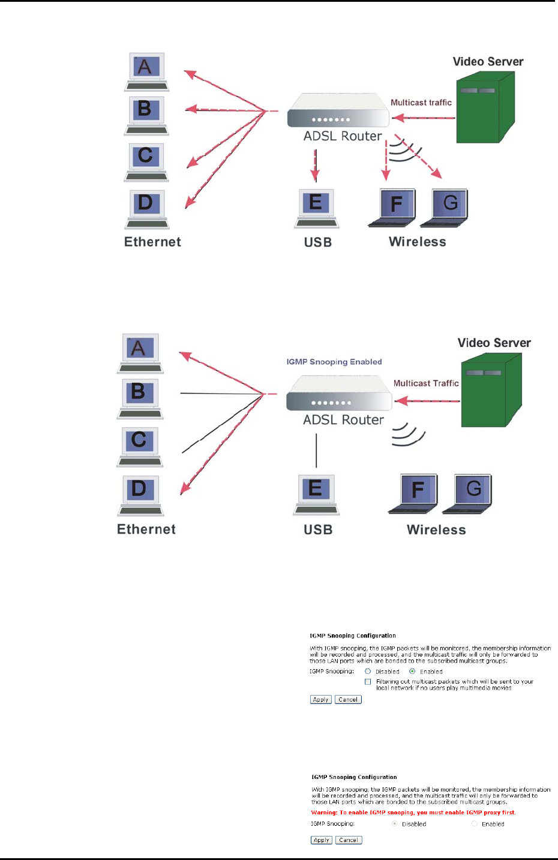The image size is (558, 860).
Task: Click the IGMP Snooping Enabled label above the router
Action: (x=334, y=362)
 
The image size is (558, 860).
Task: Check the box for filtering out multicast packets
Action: (x=368, y=682)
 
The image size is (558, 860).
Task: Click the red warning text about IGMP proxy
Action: (x=413, y=813)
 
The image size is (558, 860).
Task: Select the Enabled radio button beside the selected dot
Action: (x=412, y=672)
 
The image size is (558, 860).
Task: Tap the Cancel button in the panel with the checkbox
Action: (x=348, y=700)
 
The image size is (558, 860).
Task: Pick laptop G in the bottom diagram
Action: (x=468, y=493)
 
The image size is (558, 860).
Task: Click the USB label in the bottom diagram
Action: (x=318, y=530)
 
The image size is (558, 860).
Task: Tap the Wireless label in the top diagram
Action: (x=418, y=242)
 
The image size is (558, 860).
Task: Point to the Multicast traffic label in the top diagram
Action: (x=421, y=103)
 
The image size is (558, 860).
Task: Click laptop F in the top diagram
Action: (x=392, y=207)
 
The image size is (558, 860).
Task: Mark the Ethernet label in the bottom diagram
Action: (x=146, y=529)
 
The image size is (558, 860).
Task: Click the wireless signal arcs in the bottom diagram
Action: (x=407, y=435)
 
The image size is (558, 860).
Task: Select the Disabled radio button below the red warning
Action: (x=394, y=824)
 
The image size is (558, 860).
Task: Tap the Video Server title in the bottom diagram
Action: (x=494, y=343)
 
